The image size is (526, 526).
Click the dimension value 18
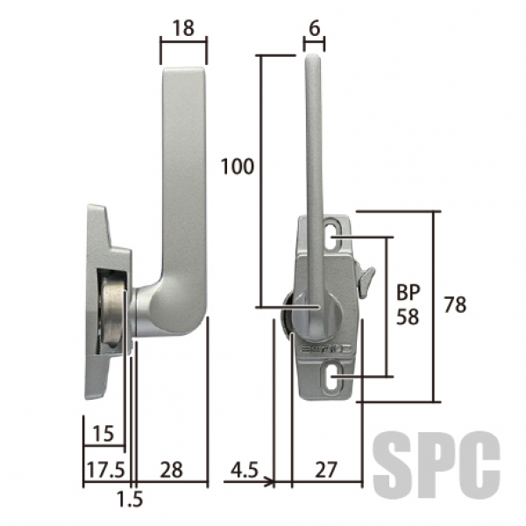(x=183, y=28)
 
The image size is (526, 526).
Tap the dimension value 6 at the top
(x=315, y=29)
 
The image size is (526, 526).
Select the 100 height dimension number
(x=238, y=167)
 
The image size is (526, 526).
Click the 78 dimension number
(x=455, y=304)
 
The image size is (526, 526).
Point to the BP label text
(x=409, y=292)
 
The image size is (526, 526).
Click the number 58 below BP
(x=408, y=316)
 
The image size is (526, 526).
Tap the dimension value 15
(x=103, y=433)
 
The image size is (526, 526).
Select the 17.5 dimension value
(x=106, y=470)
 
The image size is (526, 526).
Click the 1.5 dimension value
(x=130, y=499)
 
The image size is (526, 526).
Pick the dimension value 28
(x=172, y=470)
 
